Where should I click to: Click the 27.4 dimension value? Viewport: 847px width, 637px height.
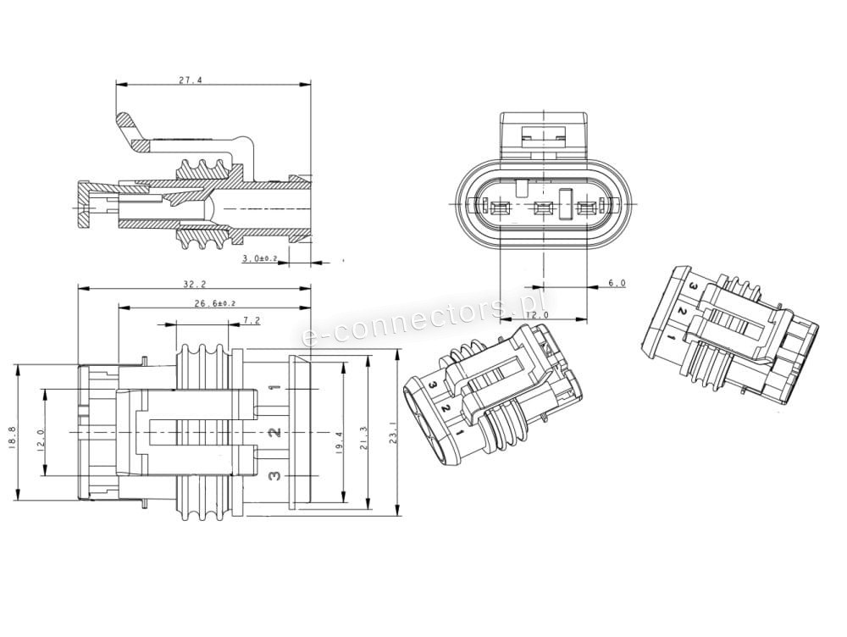click(191, 80)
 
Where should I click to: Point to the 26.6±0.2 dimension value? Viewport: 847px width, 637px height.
click(214, 302)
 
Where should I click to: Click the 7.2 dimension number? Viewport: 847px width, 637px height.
click(252, 320)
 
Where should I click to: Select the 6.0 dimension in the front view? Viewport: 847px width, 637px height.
click(617, 283)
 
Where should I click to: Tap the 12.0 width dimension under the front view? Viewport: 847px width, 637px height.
click(537, 315)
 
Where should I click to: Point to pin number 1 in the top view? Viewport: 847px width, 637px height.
click(274, 390)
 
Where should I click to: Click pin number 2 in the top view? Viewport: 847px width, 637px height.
click(274, 433)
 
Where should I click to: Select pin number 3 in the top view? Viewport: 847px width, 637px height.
click(274, 476)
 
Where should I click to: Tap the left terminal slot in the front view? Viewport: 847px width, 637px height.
click(497, 208)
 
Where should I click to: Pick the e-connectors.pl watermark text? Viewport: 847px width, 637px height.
click(423, 316)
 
